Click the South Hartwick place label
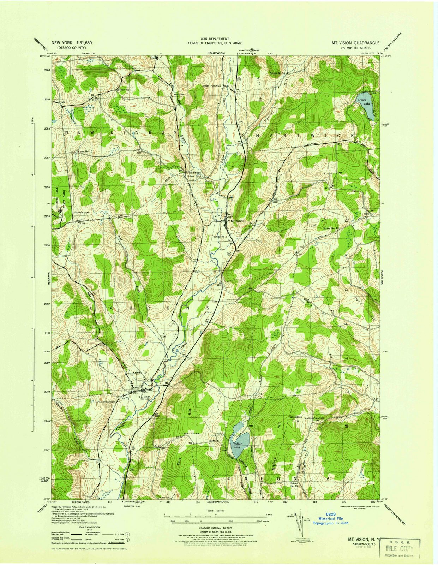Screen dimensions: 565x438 click(x=211, y=85)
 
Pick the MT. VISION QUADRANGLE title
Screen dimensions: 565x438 click(x=355, y=43)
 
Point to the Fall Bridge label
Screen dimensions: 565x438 click(x=194, y=173)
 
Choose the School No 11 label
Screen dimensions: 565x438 click(x=125, y=90)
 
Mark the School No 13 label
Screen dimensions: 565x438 click(x=294, y=485)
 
